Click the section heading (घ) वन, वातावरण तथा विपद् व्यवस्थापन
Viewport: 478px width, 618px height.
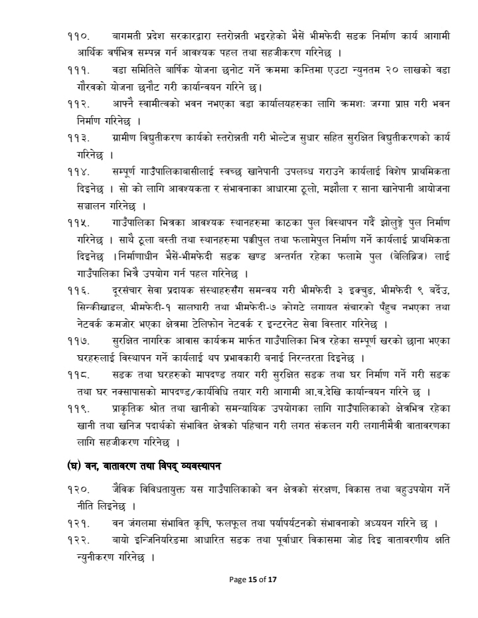(x=144, y=465)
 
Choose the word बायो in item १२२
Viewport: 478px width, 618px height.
(x=120, y=540)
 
